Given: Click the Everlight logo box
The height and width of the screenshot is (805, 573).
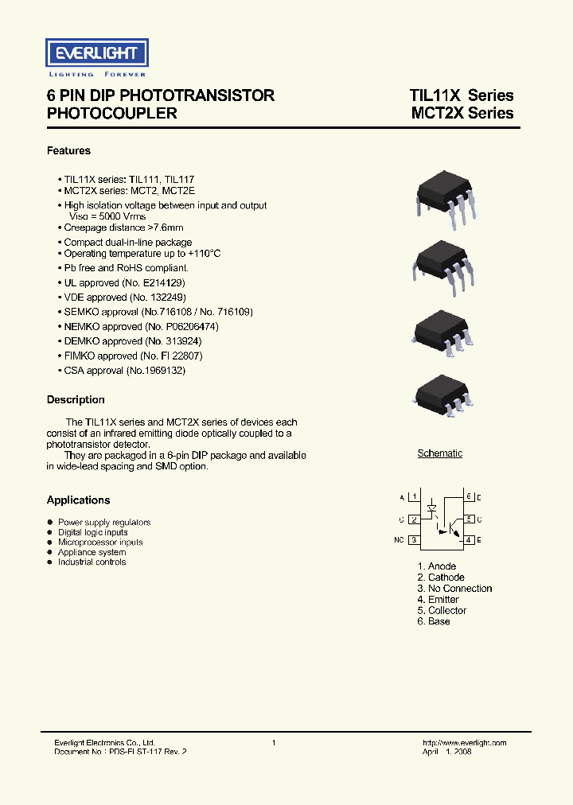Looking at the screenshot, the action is [95, 54].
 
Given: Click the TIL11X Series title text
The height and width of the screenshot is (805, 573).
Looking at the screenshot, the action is [462, 95].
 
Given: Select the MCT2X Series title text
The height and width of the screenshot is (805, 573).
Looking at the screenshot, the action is [462, 114].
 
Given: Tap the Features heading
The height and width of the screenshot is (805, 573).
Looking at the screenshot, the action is [68, 150].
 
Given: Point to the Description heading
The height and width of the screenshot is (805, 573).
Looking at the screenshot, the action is [76, 399].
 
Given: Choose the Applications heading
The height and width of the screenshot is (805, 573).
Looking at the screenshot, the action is [78, 500].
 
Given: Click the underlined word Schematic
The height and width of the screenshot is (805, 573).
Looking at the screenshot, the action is [440, 453].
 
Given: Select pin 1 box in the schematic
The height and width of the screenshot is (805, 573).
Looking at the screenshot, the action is [414, 497].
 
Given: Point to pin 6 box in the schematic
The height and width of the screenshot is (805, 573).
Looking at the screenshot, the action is [470, 497].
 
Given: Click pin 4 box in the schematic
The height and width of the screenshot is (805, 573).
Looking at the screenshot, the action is [470, 540].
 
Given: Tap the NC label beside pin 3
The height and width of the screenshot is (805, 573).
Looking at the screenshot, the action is [400, 540].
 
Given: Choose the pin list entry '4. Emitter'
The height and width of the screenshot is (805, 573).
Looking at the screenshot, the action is [438, 599].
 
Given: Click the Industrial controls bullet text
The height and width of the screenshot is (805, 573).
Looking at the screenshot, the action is [92, 562].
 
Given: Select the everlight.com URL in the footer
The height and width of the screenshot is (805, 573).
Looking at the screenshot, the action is [464, 742].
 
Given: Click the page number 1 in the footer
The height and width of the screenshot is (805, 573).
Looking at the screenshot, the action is [274, 742].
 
